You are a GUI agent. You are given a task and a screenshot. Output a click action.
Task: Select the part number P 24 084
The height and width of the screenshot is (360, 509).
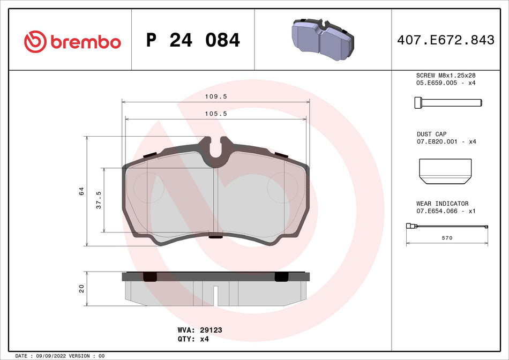193,40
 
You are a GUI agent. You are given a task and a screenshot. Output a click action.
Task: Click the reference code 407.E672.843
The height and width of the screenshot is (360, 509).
445,40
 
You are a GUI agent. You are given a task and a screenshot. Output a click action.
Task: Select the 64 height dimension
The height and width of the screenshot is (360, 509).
81,191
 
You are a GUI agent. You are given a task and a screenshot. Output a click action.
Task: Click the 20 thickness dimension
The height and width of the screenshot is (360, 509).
81,288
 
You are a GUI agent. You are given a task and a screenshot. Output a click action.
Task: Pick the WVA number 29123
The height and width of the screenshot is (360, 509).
211,330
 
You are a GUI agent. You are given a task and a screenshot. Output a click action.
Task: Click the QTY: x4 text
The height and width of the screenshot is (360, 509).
192,340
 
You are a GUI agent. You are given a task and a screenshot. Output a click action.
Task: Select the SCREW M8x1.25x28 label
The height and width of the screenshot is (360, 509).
446,76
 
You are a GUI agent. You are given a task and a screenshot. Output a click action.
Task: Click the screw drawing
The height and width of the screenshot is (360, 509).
447,103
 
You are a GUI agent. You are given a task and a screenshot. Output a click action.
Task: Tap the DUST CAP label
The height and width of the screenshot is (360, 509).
432,134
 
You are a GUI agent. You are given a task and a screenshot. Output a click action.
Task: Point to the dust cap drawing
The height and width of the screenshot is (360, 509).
445,169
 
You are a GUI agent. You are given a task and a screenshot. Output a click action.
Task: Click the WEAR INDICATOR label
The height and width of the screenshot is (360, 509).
442,204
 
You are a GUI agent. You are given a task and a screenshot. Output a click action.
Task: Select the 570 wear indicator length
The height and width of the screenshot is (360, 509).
447,238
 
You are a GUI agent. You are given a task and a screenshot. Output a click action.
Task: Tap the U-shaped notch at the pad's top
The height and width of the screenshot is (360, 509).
216,151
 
